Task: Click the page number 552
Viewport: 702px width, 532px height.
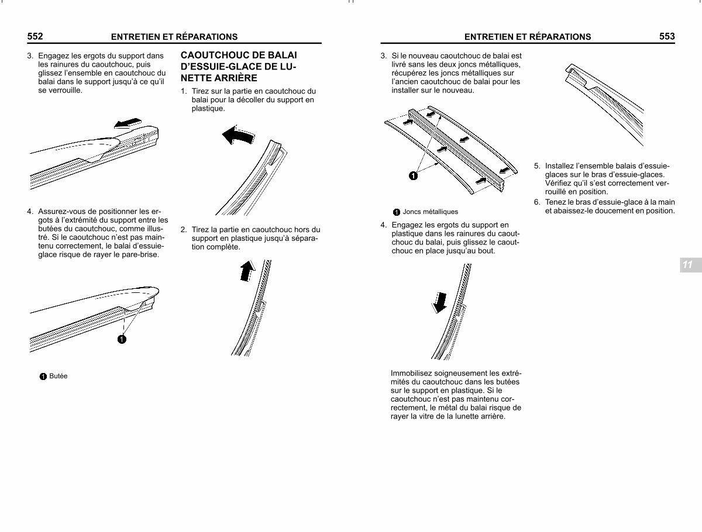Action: [x=35, y=36]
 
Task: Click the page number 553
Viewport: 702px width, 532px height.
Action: [x=667, y=36]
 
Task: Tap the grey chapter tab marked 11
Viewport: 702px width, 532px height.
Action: [x=691, y=265]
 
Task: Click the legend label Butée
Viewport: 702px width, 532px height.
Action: [x=58, y=376]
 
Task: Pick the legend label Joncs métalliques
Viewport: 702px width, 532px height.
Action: [x=430, y=212]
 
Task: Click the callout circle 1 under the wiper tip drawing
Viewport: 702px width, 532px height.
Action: [x=122, y=339]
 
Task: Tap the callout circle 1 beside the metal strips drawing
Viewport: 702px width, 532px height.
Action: [x=413, y=176]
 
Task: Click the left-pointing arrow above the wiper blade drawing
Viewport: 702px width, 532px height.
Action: [x=128, y=123]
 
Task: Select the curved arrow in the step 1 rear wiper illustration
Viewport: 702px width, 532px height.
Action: [x=238, y=135]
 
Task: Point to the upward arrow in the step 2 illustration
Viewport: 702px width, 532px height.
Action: [x=247, y=271]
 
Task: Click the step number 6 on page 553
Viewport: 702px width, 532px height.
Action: [x=536, y=202]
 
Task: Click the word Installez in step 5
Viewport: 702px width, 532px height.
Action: [x=559, y=166]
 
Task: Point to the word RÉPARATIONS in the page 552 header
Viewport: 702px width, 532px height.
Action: [x=207, y=37]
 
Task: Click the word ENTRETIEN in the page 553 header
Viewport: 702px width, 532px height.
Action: [x=488, y=37]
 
